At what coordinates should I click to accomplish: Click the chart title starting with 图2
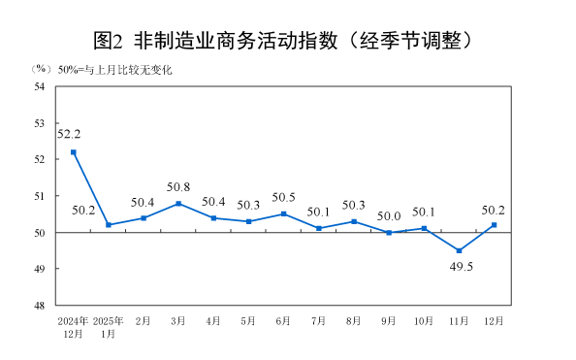(287, 40)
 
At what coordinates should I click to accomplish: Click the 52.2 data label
(69, 134)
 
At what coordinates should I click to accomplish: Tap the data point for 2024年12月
(73, 152)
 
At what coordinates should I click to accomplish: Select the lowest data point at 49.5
(459, 250)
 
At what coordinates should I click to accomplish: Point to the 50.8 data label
(177, 187)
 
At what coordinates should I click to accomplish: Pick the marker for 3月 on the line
(178, 204)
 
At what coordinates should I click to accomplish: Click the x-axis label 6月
(283, 320)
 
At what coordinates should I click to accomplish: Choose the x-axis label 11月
(459, 320)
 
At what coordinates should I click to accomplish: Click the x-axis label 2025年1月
(108, 327)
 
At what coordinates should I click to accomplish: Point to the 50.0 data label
(389, 216)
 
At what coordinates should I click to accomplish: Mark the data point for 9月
(389, 233)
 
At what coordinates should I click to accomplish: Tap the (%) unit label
(40, 70)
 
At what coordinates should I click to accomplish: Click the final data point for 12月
(495, 225)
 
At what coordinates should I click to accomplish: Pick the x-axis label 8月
(354, 320)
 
